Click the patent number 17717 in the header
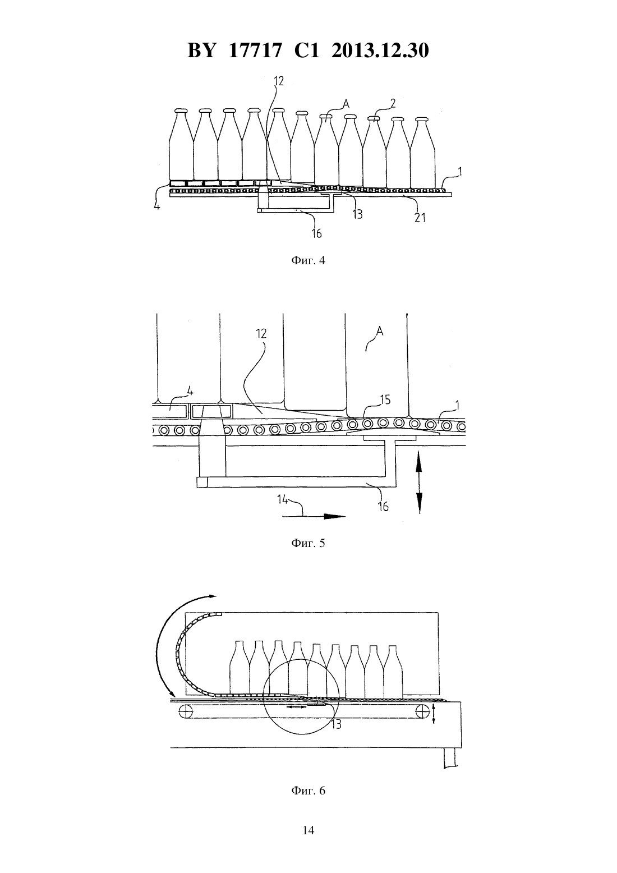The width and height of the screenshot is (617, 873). coord(255,50)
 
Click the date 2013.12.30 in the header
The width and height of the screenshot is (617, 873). coord(380,50)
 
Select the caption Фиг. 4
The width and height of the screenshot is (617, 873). coord(308,260)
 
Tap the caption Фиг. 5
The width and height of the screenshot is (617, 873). coord(308,543)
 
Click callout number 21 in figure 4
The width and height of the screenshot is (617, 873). coord(420,218)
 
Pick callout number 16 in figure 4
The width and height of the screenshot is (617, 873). coord(317,233)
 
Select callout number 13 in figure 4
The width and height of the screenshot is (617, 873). coord(357,214)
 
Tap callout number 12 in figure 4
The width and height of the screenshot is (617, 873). coord(279,81)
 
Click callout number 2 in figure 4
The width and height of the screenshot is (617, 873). coord(393,103)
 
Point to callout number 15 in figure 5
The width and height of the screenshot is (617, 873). coord(385,399)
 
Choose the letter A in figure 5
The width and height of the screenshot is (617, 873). coord(379,331)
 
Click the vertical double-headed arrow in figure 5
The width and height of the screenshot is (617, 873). coord(420,482)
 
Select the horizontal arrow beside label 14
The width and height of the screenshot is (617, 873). coord(314,516)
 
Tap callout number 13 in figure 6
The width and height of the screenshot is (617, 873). coord(336,724)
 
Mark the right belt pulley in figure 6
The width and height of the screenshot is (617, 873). coord(422,711)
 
